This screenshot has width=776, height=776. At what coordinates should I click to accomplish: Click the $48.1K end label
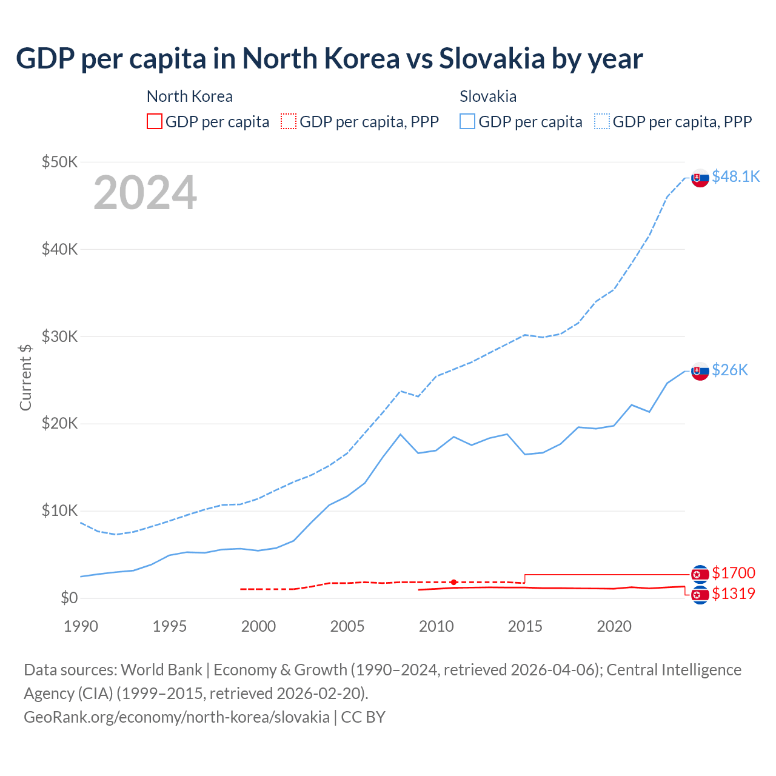[x=735, y=176]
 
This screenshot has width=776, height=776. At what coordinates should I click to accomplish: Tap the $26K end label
[x=730, y=370]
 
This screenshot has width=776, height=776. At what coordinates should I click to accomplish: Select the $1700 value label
[x=734, y=573]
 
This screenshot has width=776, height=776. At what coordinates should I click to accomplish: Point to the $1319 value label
[x=734, y=594]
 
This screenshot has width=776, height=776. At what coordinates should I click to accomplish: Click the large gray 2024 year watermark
[x=145, y=193]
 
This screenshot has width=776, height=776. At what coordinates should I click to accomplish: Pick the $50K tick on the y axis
[x=59, y=162]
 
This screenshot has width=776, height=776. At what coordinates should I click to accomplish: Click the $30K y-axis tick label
[x=59, y=336]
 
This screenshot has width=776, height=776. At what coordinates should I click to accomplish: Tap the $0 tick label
[x=69, y=598]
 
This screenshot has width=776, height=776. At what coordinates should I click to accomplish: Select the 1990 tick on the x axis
[x=81, y=626]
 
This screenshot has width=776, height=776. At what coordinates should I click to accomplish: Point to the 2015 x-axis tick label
[x=525, y=626]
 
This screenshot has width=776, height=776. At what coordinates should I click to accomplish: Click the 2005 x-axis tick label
[x=347, y=626]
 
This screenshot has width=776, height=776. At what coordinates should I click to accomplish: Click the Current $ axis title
[x=25, y=377]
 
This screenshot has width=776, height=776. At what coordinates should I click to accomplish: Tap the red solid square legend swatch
[x=155, y=121]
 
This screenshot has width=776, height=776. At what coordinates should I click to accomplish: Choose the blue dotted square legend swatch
[x=602, y=121]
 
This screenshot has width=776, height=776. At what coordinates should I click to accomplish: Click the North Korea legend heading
[x=189, y=96]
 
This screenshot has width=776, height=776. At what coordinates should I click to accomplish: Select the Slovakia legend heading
[x=488, y=96]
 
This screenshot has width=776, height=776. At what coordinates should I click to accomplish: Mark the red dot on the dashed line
[x=453, y=582]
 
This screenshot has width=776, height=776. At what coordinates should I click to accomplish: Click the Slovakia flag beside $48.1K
[x=700, y=178]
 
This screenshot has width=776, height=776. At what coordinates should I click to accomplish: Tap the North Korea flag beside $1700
[x=700, y=574]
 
